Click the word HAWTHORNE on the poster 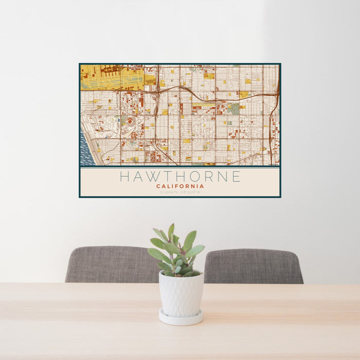180,176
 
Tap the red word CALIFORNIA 180,186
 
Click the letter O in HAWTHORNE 193,176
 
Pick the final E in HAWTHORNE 236,176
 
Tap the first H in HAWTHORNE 124,176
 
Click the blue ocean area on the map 86,149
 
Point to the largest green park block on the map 233,109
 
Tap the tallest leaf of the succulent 171,231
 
